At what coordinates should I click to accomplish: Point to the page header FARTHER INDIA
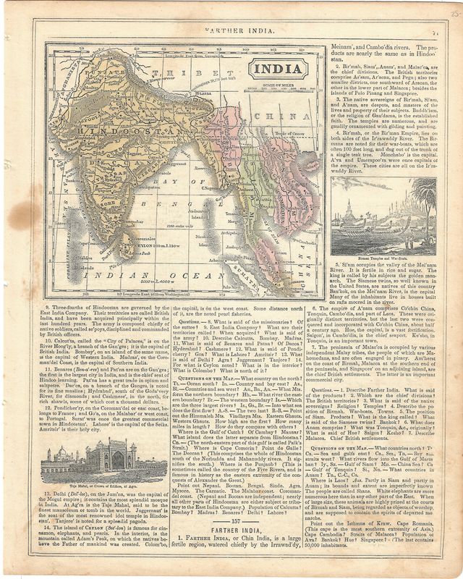pos(231,32)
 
